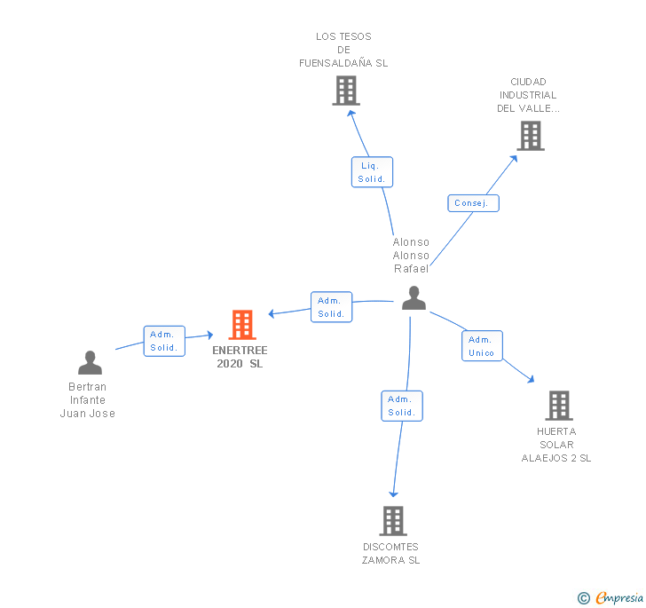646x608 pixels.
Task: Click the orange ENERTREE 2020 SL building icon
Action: click(x=242, y=325)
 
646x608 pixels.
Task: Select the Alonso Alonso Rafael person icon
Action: click(x=414, y=298)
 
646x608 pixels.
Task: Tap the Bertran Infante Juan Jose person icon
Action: click(x=90, y=362)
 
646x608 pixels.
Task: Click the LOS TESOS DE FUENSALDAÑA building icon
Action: click(x=346, y=91)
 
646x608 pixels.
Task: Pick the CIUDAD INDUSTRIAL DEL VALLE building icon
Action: click(x=530, y=136)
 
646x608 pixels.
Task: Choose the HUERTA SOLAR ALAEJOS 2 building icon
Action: click(x=558, y=405)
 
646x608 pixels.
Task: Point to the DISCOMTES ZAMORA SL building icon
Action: click(x=392, y=521)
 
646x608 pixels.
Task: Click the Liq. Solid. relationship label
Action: click(x=372, y=172)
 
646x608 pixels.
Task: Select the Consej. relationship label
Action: click(x=472, y=203)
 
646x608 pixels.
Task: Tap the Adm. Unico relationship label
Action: click(x=482, y=346)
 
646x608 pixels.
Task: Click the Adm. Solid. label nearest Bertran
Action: click(x=164, y=341)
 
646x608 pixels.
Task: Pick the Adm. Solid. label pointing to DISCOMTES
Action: click(x=402, y=406)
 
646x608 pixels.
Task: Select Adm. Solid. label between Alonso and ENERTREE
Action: click(x=331, y=307)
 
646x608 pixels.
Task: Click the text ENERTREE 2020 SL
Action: click(x=240, y=357)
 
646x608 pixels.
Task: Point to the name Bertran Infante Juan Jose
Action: click(x=88, y=399)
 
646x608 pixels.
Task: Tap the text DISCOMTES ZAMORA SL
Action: click(x=391, y=553)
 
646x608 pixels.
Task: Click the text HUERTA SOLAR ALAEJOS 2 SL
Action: click(x=556, y=445)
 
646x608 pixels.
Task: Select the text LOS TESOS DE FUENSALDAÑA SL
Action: click(x=343, y=50)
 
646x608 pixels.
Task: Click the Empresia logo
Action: click(x=612, y=597)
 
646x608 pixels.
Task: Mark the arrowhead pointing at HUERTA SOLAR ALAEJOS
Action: click(x=531, y=380)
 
